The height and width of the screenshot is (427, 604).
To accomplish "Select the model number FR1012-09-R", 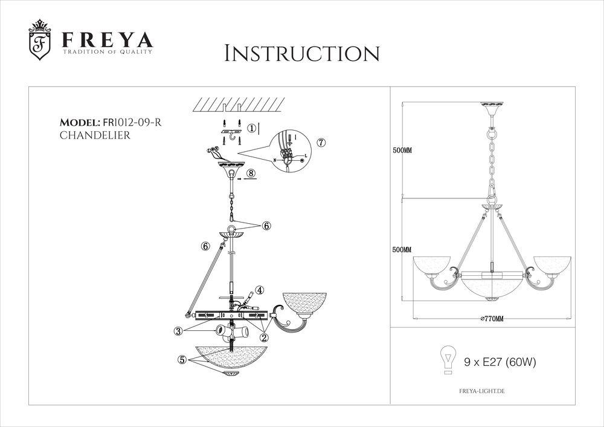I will pyautogui.click(x=131, y=123).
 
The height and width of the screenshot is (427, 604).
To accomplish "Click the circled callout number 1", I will pyautogui.click(x=253, y=128).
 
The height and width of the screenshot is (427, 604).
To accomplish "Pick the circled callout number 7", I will pyautogui.click(x=321, y=143).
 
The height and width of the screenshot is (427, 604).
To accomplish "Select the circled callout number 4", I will pyautogui.click(x=259, y=290).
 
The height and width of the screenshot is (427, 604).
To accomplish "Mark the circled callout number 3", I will pyautogui.click(x=179, y=330).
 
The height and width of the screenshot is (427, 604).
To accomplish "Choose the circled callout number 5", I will pyautogui.click(x=182, y=359).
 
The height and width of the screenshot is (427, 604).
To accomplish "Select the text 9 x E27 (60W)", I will pyautogui.click(x=500, y=363).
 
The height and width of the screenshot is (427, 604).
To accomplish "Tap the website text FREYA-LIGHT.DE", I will pyautogui.click(x=478, y=392).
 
